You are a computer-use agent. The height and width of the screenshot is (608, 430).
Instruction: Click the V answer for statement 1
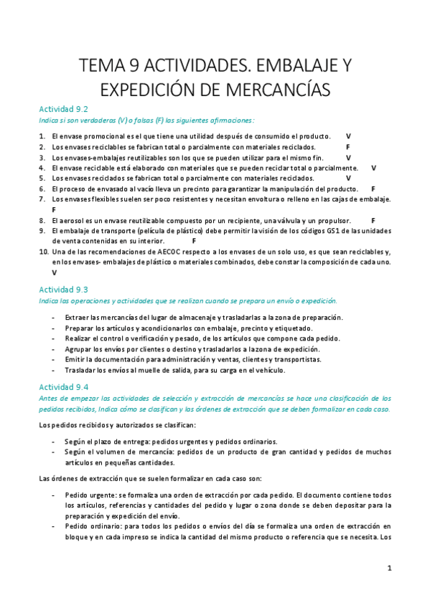click(x=348, y=136)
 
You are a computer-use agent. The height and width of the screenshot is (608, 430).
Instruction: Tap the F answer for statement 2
click(x=348, y=146)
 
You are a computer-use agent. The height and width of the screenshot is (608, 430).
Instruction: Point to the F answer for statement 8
click(x=373, y=220)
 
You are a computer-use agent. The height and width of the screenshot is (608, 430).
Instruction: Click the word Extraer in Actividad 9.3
click(x=77, y=317)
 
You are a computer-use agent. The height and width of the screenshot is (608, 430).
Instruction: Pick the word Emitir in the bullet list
click(x=75, y=359)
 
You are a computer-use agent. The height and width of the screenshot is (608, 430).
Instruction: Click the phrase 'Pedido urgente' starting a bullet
click(x=88, y=495)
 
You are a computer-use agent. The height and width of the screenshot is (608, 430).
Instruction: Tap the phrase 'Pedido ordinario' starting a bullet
click(x=91, y=527)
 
